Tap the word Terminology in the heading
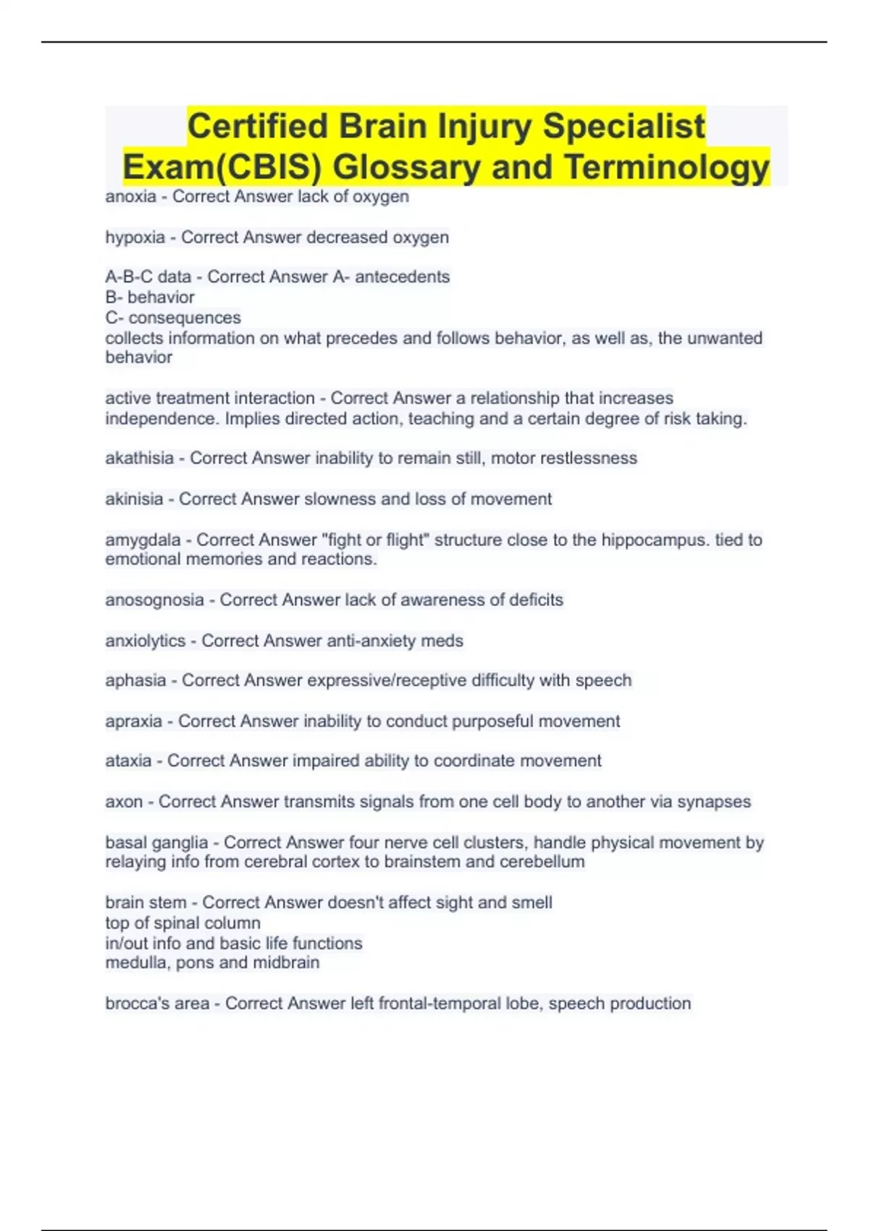point(666,167)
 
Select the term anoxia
point(130,196)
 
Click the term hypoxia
point(135,238)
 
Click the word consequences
point(185,318)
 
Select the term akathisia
point(139,458)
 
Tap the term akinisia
point(134,499)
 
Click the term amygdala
point(143,540)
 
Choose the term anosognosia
point(154,600)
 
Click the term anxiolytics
point(145,641)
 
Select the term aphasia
point(135,681)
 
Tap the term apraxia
point(133,721)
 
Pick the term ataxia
point(128,761)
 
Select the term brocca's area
point(157,1004)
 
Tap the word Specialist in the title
point(623,126)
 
